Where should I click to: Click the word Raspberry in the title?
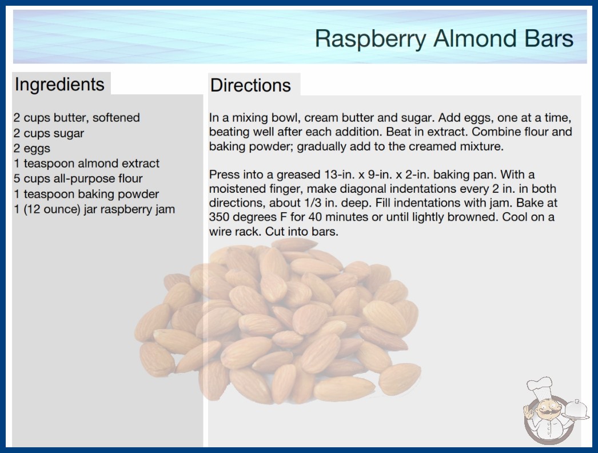[x=370, y=39]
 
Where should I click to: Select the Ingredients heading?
[x=59, y=85]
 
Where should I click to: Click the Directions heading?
[x=250, y=85]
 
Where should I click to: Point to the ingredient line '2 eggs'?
[x=32, y=149]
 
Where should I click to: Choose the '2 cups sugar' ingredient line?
[x=49, y=133]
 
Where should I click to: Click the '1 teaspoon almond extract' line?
[x=86, y=164]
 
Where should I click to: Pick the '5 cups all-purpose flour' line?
[x=78, y=178]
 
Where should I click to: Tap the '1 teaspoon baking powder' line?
[x=86, y=194]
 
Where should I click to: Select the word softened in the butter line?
[x=116, y=118]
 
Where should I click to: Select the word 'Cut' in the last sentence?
[x=275, y=232]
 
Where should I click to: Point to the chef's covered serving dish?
[x=576, y=410]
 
